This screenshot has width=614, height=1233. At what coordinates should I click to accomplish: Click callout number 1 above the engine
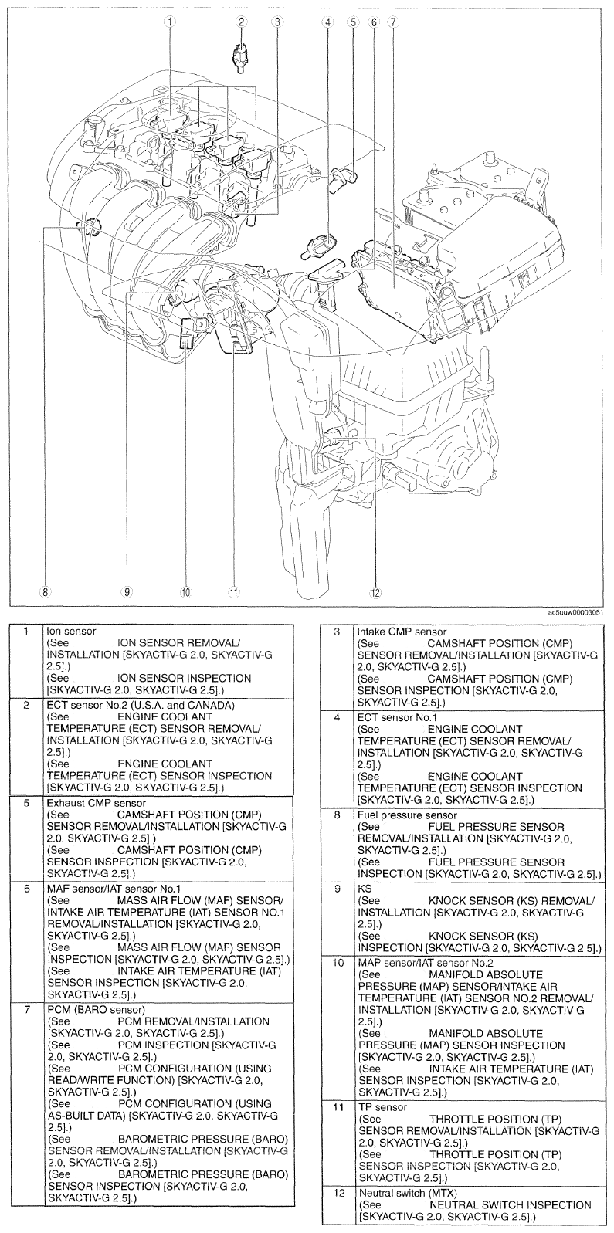point(168,22)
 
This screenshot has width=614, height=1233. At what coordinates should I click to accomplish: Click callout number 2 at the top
point(242,22)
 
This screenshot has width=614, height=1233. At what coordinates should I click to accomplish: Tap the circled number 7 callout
point(392,22)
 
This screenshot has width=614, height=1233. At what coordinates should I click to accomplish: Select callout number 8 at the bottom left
point(45,592)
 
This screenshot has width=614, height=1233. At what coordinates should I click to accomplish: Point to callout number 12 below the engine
point(376,592)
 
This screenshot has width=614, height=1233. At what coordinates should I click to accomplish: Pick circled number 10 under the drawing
point(185,592)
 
